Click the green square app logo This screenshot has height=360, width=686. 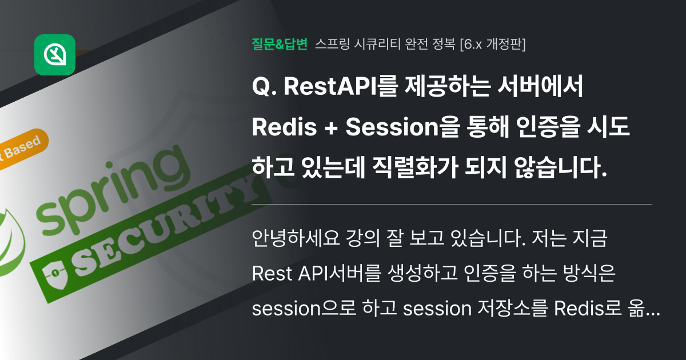(x=55, y=55)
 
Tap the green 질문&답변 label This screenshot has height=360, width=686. (x=280, y=43)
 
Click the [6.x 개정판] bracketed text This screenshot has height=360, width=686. (x=493, y=43)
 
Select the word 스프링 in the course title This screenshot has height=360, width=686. (x=332, y=43)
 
